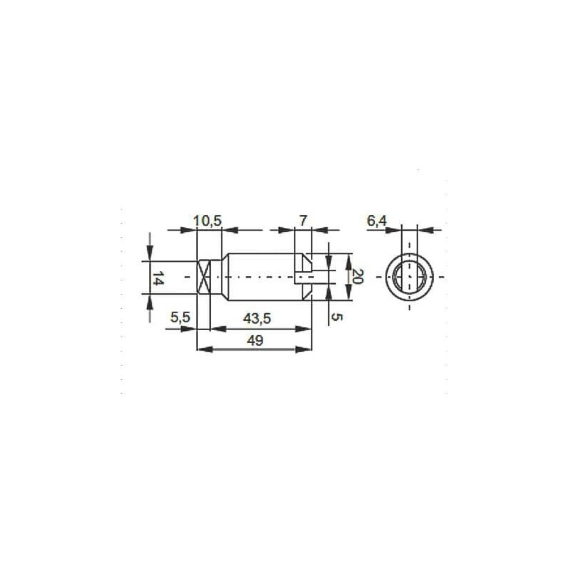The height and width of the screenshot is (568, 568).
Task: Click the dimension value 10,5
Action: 207,221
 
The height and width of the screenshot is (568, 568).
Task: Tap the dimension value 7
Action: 303,220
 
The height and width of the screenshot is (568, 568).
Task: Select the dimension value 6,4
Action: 377,221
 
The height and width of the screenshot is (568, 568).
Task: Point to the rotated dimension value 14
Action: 156,278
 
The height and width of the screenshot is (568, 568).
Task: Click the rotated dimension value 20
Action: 358,277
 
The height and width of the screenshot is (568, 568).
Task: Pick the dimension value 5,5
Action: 180,317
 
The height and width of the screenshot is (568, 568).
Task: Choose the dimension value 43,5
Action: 257,319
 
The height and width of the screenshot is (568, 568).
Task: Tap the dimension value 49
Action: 255,341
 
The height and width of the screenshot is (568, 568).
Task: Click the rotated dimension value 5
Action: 337,317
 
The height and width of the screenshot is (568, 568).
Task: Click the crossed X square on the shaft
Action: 203,277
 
